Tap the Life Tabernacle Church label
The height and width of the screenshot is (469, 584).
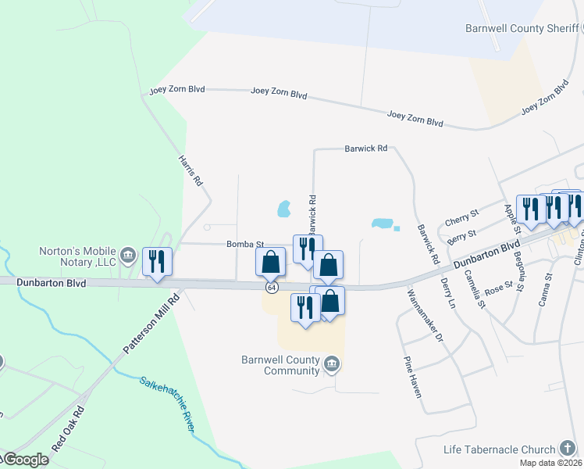pyautogui.click(x=498, y=449)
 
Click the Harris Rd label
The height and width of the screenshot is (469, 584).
pyautogui.click(x=191, y=169)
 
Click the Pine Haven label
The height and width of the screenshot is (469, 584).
pyautogui.click(x=412, y=377)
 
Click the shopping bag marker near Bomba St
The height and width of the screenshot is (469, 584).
pyautogui.click(x=271, y=261)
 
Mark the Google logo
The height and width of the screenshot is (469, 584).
pyautogui.click(x=25, y=460)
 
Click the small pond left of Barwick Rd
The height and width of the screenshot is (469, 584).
pyautogui.click(x=284, y=209)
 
